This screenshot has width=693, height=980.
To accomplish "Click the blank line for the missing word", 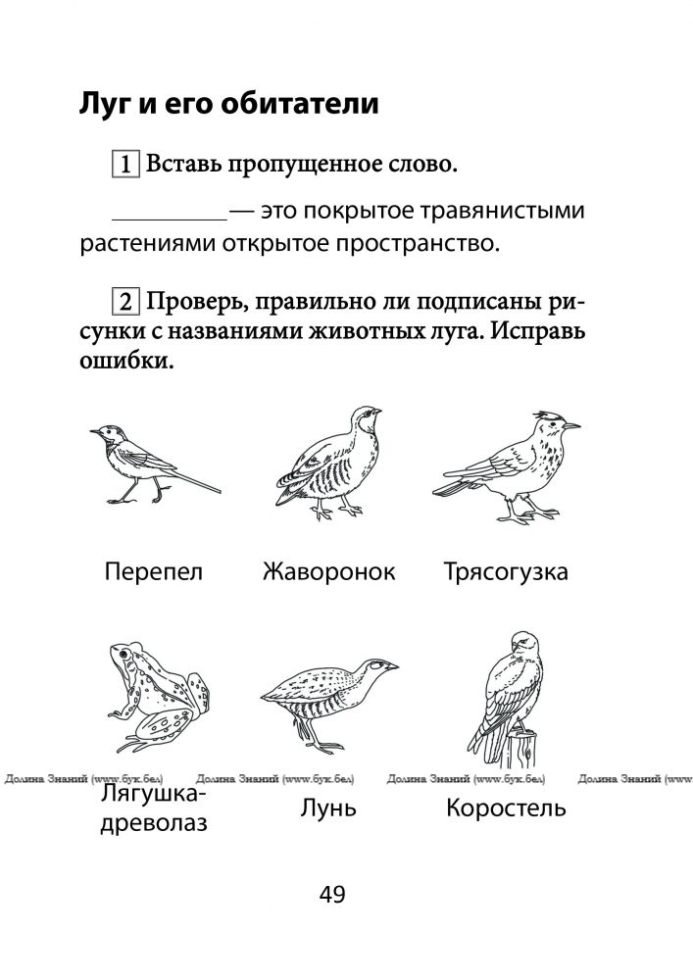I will click(x=170, y=218).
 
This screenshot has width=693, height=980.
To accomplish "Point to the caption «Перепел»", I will click(x=153, y=572).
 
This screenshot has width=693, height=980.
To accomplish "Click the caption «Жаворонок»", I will click(x=328, y=572).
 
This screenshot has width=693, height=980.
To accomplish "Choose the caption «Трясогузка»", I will click(x=505, y=572).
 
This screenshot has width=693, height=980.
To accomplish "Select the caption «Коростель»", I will click(x=505, y=809).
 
